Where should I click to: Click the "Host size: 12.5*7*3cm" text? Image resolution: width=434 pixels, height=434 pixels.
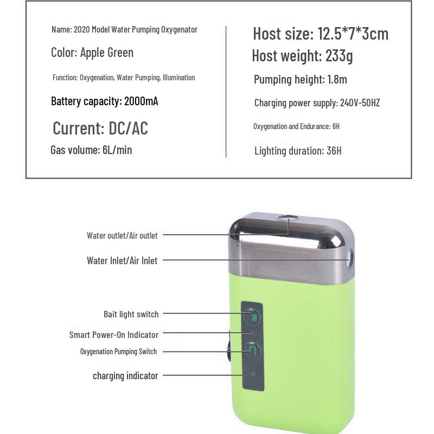pos(321,34)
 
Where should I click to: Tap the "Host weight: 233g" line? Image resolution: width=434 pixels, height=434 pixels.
pos(303,55)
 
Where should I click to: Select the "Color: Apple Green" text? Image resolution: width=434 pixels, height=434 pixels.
pos(92,53)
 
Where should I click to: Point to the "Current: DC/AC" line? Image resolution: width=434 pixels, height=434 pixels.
pos(100,129)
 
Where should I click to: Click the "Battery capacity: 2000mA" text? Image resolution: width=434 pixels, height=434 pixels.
pos(105,101)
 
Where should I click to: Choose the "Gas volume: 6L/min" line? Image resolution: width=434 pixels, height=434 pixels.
pos(91,150)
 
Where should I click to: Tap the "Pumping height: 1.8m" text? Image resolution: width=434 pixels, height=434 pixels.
pos(301,80)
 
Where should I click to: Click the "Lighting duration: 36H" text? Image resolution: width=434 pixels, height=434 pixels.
pos(298,151)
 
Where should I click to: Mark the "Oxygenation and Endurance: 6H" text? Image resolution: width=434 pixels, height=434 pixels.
pos(296,126)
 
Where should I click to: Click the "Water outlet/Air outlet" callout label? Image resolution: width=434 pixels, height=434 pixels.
pos(122,235)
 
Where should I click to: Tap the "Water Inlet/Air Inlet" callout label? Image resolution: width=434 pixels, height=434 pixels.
pos(122,261)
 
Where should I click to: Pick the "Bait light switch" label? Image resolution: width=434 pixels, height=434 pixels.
pos(131,314)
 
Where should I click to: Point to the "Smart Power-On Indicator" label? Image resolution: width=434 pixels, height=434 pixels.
pos(114,335)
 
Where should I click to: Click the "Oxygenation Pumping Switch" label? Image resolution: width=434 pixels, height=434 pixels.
pos(118,352)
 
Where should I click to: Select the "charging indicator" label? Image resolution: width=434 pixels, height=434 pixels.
pos(125,375)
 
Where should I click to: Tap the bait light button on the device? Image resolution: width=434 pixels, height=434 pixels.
pos(252,316)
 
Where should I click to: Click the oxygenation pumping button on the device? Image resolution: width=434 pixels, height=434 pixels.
pos(252,351)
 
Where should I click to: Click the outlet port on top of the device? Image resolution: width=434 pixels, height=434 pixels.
pos(289,218)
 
